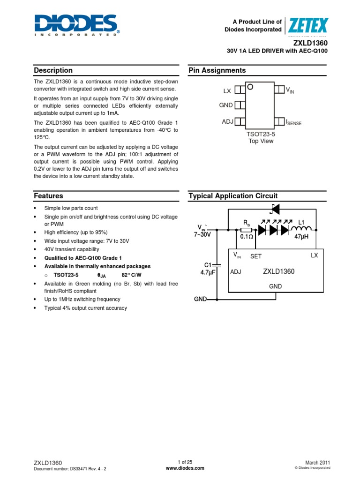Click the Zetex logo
pos(308,25)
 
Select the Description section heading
pos(53,70)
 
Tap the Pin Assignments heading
pos(217,70)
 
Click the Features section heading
pos(48,196)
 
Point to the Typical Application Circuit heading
pos(233,196)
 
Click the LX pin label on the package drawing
pos(227,90)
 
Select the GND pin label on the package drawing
pos(226,105)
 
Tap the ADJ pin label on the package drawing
pos(227,122)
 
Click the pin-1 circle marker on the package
pos(250,87)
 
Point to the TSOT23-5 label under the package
pos(261,134)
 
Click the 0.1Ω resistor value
pos(247,237)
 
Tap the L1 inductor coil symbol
pos(302,229)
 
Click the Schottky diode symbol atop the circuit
pos(275,209)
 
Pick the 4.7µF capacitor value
pos(207,272)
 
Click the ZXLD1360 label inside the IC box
pos(278,271)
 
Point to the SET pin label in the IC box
pos(256,256)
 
